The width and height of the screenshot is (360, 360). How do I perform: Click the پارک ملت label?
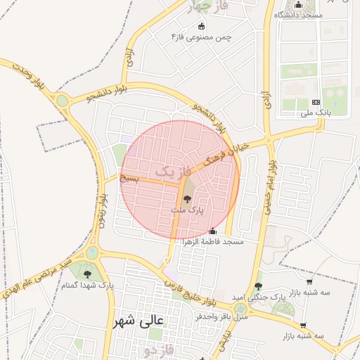point(187,210)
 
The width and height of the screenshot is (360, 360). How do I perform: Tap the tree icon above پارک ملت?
point(186,200)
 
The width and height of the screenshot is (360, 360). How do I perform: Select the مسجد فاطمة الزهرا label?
point(213,242)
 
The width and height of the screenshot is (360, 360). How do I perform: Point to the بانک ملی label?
point(315,112)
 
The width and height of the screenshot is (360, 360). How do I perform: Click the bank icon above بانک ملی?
point(315,103)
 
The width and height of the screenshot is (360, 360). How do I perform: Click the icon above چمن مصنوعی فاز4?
point(202,26)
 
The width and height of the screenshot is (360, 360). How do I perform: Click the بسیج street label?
point(129,179)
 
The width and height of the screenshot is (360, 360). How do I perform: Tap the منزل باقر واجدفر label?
point(204,316)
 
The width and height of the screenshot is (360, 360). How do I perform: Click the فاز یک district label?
point(173,171)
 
